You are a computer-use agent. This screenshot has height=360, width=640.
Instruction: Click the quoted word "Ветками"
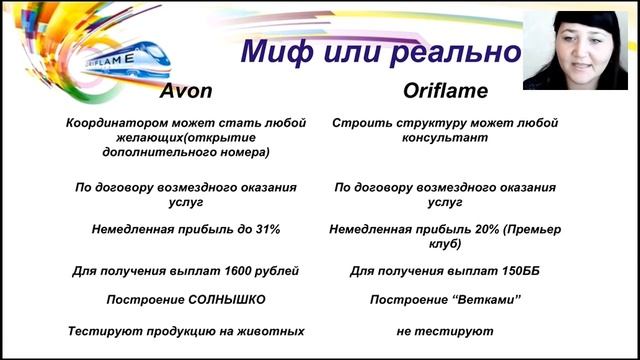[485, 300]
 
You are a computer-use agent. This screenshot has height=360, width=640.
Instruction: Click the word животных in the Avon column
[273, 330]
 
